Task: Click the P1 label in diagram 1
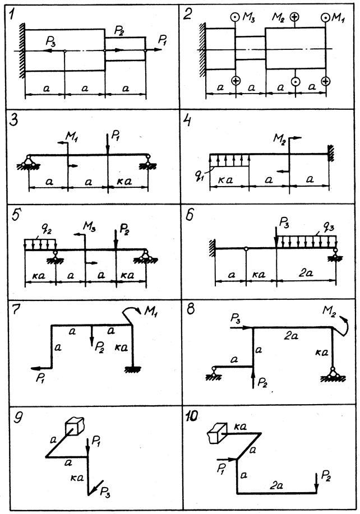point(163,40)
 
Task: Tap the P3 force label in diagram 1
point(51,41)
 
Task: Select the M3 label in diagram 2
point(249,18)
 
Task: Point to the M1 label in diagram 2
point(338,17)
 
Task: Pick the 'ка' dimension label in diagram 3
point(124,180)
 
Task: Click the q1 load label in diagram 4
point(199,178)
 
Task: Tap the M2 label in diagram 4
point(279,138)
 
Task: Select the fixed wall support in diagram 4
point(331,153)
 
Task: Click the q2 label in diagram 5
point(48,231)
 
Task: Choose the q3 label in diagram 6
point(328,227)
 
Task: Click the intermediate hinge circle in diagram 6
point(246,249)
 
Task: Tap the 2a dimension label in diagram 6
point(306,273)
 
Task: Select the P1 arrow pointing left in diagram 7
point(41,368)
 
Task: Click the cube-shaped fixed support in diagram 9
point(75,426)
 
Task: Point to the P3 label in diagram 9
point(105,492)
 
